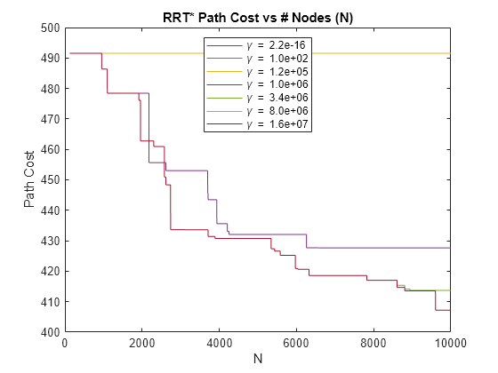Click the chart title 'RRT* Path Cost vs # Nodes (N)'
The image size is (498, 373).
pos(257,17)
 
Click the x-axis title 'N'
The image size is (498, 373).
pos(257,360)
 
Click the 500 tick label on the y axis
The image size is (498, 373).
pos(50,28)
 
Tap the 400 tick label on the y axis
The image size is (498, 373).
pos(50,332)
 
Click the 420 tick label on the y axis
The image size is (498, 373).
pos(50,271)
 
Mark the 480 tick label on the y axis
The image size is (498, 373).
pos(50,89)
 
